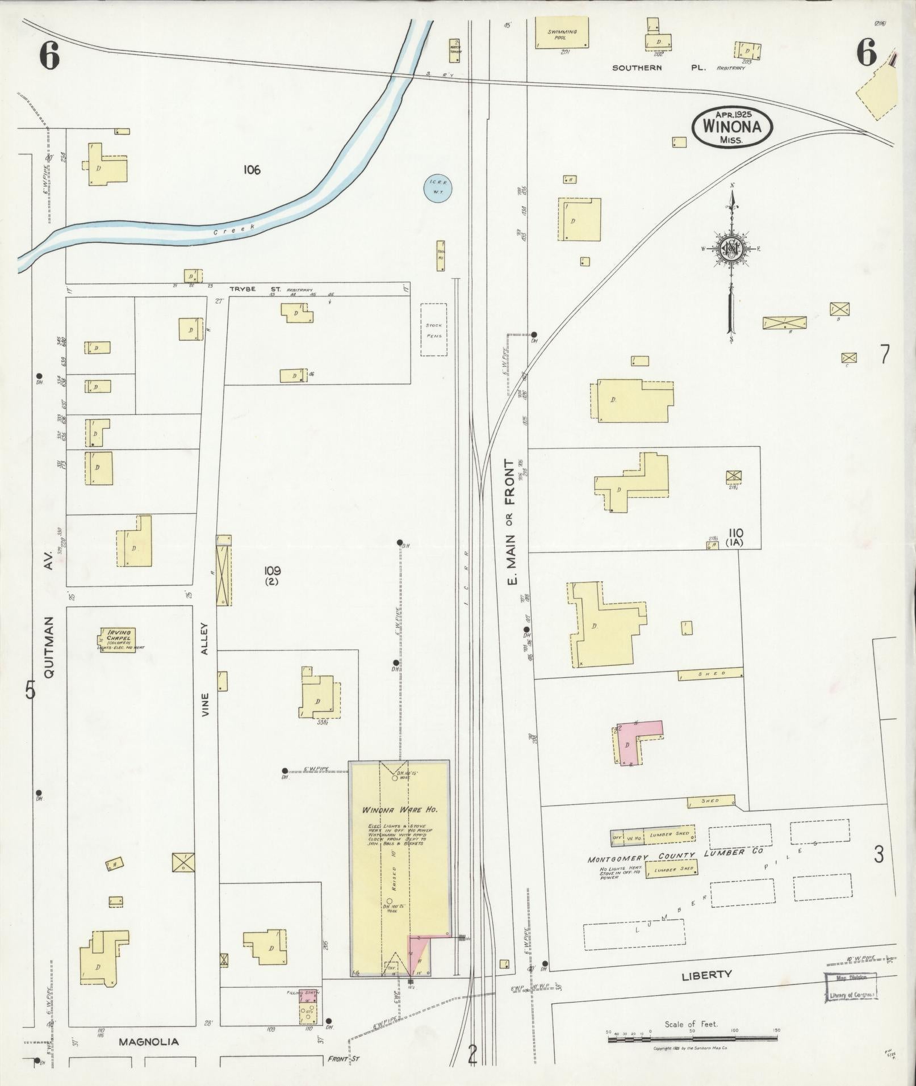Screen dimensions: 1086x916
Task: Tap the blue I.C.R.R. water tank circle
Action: (x=438, y=187)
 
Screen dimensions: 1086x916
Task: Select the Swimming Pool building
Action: (x=563, y=33)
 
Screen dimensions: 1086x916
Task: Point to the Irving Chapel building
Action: (x=118, y=640)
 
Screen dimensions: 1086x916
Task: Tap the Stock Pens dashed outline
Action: (x=433, y=330)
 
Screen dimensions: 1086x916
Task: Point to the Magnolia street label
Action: (x=149, y=1042)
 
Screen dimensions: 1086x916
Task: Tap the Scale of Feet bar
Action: (x=692, y=1038)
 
